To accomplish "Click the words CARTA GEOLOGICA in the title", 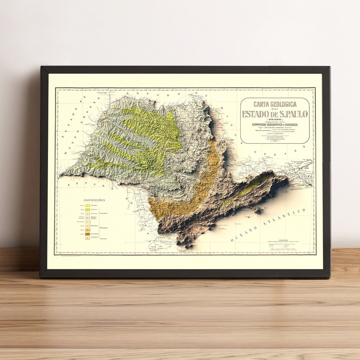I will (x=275, y=104).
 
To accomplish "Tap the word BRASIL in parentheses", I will (x=275, y=119).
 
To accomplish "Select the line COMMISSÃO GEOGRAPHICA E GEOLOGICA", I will (x=275, y=125).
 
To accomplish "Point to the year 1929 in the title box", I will (x=275, y=141).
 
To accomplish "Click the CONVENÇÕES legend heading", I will (x=94, y=200).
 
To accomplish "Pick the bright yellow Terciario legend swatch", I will (x=87, y=206).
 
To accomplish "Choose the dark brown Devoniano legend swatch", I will (x=87, y=234).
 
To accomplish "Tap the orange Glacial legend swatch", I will (x=87, y=230).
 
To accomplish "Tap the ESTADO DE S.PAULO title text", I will (x=275, y=114).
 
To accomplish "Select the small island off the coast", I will (x=257, y=211).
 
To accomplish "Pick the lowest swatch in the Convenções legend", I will (x=87, y=238).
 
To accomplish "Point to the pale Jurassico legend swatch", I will (x=87, y=213).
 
